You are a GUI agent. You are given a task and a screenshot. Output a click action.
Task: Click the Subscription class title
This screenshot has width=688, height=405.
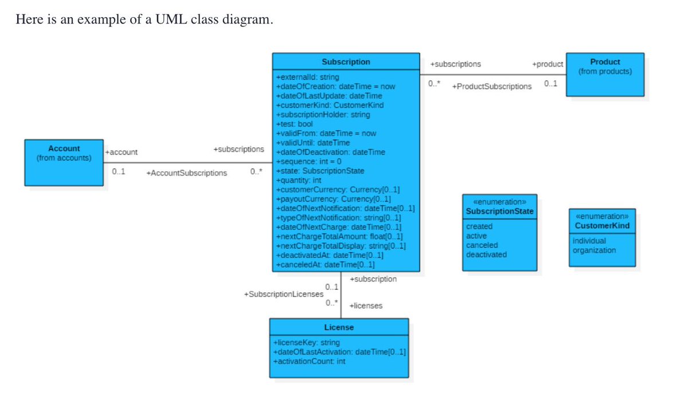pyautogui.click(x=346, y=62)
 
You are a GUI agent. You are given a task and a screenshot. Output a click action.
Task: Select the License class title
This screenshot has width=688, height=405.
pyautogui.click(x=339, y=327)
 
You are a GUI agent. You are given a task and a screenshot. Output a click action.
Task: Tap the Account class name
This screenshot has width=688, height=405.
pyautogui.click(x=64, y=148)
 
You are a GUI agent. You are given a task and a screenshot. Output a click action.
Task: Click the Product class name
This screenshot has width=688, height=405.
pyautogui.click(x=605, y=62)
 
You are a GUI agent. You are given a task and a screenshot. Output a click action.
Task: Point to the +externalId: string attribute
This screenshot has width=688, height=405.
pyautogui.click(x=307, y=77)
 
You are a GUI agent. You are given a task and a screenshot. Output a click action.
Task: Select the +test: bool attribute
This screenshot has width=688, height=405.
pyautogui.click(x=295, y=124)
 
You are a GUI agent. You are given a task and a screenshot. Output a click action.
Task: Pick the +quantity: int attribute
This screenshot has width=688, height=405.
pyautogui.click(x=299, y=180)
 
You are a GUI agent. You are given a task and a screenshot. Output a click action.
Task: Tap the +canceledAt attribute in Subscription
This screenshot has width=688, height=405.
pyautogui.click(x=325, y=265)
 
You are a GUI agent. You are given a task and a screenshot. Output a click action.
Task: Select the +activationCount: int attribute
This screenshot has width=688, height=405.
pyautogui.click(x=310, y=361)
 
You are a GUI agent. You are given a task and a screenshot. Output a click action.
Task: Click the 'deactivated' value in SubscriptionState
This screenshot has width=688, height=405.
pyautogui.click(x=486, y=254)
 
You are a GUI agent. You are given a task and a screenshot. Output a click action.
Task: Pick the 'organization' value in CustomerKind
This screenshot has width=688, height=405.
pyautogui.click(x=594, y=250)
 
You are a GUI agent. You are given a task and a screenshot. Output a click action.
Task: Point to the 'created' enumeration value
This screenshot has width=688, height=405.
pyautogui.click(x=479, y=226)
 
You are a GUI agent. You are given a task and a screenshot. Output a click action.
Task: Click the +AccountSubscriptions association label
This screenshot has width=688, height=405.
pyautogui.click(x=187, y=173)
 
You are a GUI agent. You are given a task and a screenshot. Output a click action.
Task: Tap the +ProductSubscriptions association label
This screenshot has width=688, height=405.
pyautogui.click(x=492, y=86)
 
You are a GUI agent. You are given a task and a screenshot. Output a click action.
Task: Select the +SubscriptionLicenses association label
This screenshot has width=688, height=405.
pyautogui.click(x=283, y=294)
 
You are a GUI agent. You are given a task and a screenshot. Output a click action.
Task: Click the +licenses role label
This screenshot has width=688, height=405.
pyautogui.click(x=366, y=306)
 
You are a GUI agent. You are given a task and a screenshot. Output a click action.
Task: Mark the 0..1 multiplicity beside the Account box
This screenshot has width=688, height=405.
pyautogui.click(x=119, y=172)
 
